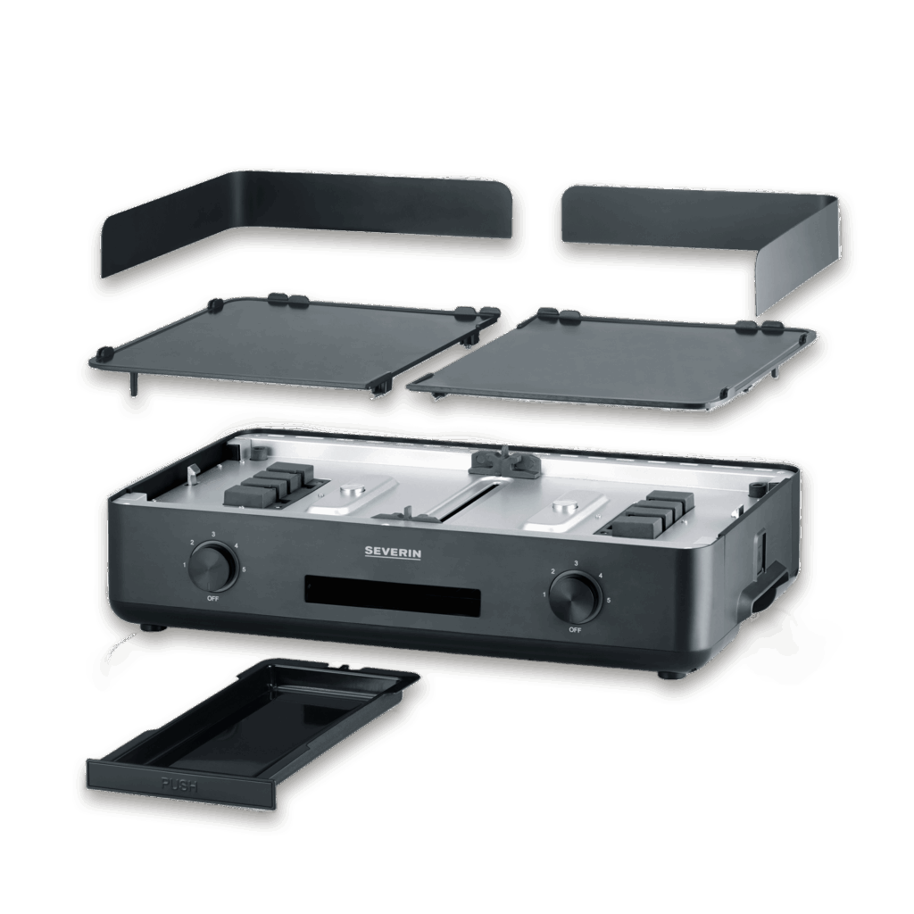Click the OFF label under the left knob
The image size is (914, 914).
212,597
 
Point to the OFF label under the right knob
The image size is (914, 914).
575,629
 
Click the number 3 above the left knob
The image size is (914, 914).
213,534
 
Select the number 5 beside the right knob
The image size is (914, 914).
608,601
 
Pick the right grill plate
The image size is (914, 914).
616,357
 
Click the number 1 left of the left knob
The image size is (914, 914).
184,566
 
